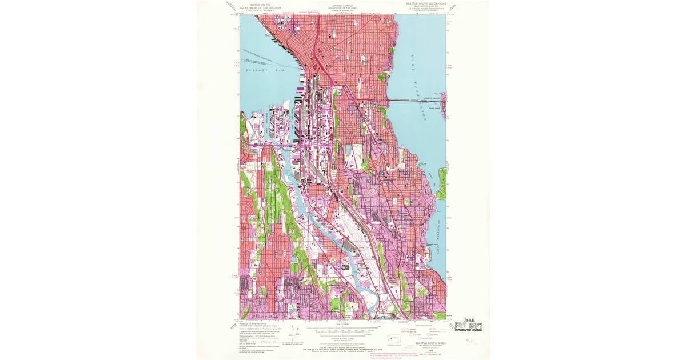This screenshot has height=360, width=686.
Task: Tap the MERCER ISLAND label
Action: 433,98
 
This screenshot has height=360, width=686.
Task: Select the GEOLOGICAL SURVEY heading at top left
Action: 261,9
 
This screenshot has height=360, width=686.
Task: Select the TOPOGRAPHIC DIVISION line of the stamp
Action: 468,330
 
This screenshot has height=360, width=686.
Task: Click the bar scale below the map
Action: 343,331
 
